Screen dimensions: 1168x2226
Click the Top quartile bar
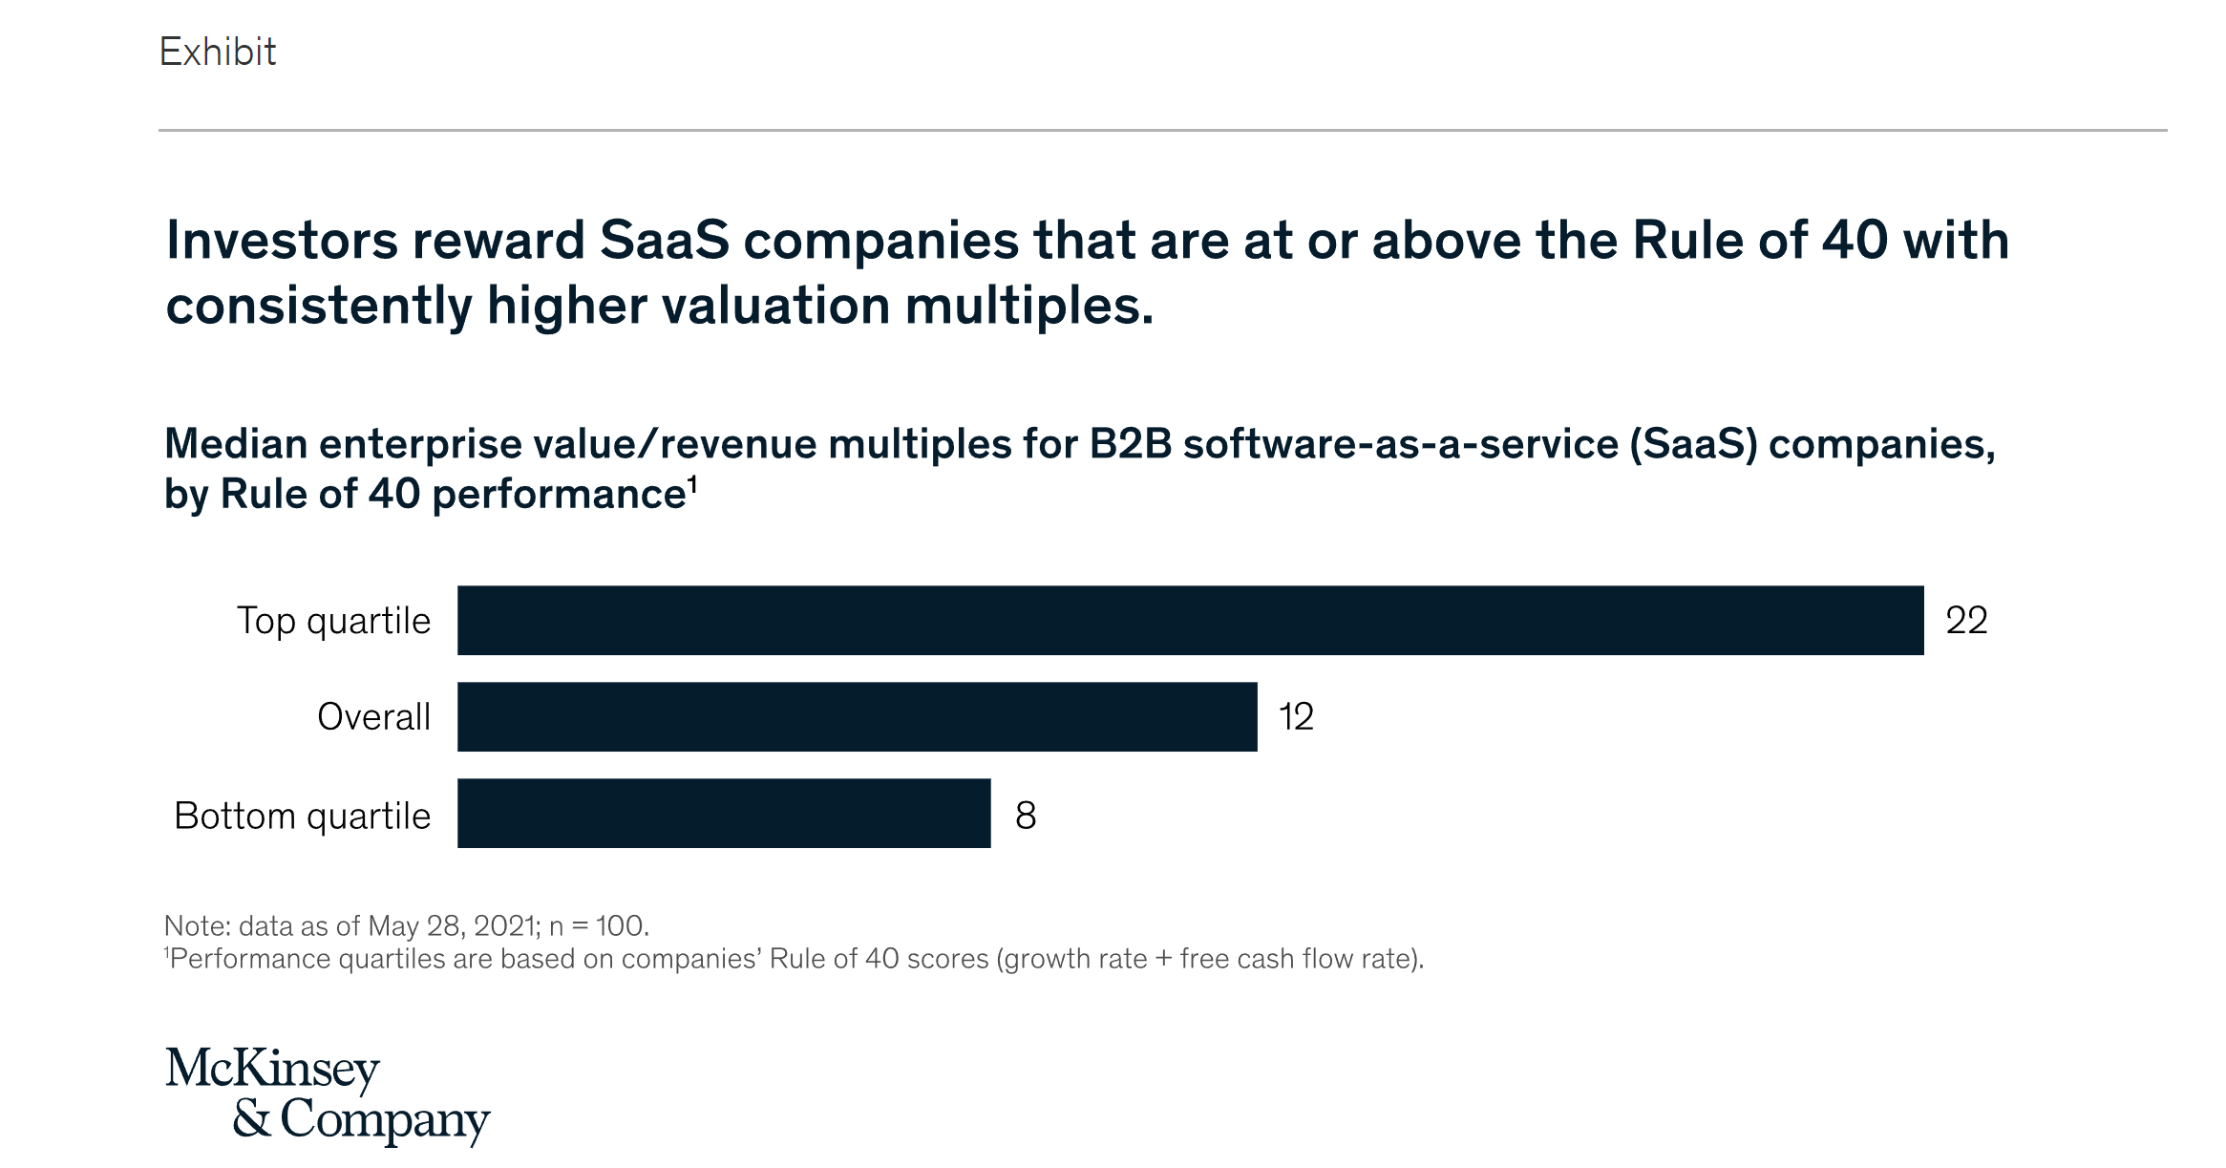(1190, 621)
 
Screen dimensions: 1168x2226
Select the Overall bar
(857, 717)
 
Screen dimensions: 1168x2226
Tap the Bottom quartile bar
(724, 814)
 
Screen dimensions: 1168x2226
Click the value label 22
(1966, 621)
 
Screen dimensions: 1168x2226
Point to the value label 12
(1296, 717)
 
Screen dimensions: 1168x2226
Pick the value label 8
(1026, 816)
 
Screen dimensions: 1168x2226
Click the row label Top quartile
(333, 622)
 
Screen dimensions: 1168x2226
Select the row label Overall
(373, 717)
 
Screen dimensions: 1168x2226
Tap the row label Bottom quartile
(302, 817)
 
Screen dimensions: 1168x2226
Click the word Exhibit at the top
(218, 52)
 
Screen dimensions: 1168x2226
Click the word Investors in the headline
(280, 240)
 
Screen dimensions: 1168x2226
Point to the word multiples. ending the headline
(1028, 307)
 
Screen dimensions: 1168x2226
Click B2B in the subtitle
(1130, 444)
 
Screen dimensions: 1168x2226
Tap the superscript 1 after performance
(693, 483)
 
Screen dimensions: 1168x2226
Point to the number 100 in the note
(621, 925)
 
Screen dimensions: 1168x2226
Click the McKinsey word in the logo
(272, 1069)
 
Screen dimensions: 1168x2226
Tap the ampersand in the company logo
(251, 1118)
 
